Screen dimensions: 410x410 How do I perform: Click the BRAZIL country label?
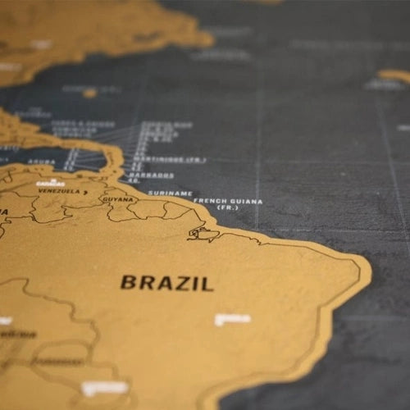167,284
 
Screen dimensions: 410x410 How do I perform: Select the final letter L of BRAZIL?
208,285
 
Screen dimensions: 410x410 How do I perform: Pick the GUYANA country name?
117,198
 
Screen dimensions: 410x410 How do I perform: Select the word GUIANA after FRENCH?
245,201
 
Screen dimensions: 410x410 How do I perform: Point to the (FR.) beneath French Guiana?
227,208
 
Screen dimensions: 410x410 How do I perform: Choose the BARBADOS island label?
150,175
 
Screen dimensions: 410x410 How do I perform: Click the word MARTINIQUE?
166,160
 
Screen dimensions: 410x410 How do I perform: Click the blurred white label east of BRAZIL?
233,319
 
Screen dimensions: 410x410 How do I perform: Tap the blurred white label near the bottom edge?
104,388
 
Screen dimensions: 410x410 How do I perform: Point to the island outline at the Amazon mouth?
200,234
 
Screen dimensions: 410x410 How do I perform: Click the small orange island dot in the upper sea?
89,93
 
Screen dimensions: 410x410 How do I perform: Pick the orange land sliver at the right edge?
395,75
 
